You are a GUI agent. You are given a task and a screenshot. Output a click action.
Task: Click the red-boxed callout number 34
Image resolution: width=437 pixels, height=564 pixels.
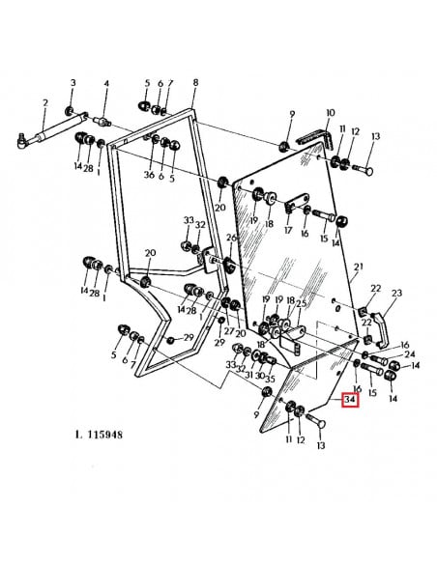coord(350,400)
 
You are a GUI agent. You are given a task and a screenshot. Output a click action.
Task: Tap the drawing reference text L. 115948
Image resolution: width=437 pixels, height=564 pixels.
coord(99,435)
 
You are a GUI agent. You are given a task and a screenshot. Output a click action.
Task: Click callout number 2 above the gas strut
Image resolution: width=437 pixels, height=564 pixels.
coord(45,103)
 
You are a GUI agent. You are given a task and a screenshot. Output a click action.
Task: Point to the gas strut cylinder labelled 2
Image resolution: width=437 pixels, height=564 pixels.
coord(53,129)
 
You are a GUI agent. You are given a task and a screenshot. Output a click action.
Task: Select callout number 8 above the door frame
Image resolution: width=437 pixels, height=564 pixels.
coord(195,82)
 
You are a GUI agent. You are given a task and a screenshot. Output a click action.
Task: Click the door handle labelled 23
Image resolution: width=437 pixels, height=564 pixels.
coord(378,330)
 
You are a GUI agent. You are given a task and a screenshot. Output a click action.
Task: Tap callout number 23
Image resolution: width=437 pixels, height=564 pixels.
coord(396,294)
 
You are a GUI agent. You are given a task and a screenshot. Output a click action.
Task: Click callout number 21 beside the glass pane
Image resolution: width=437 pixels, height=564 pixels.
coord(359,267)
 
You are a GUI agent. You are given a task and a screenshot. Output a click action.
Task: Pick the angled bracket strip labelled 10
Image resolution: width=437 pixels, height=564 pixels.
coord(316,140)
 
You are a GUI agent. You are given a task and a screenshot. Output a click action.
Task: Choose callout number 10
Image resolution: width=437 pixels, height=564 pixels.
coord(330,113)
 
